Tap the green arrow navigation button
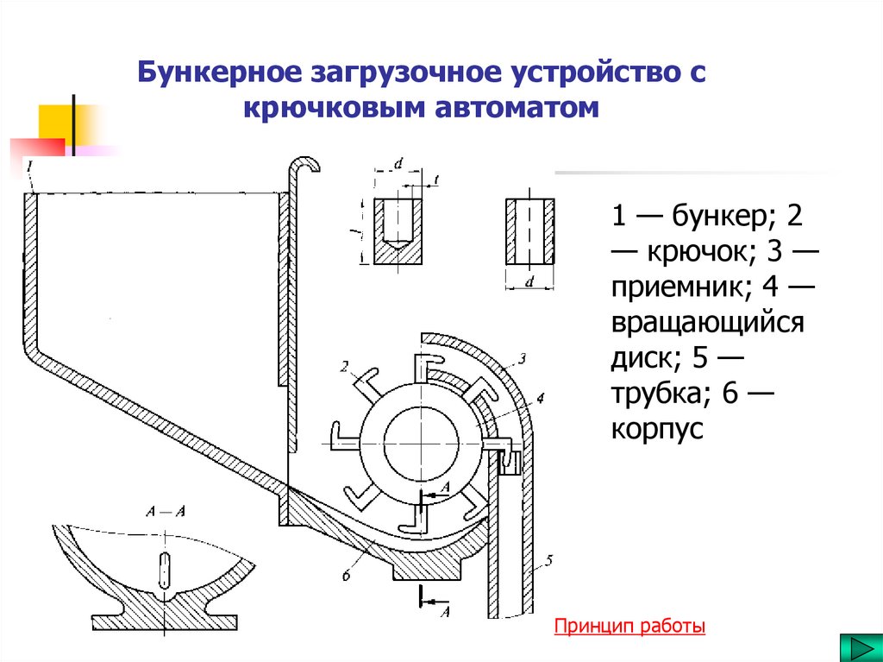pyautogui.click(x=855, y=648)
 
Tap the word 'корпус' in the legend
pyautogui.click(x=659, y=429)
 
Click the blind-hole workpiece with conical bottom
pyautogui.click(x=398, y=230)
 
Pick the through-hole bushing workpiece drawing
pyautogui.click(x=529, y=230)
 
